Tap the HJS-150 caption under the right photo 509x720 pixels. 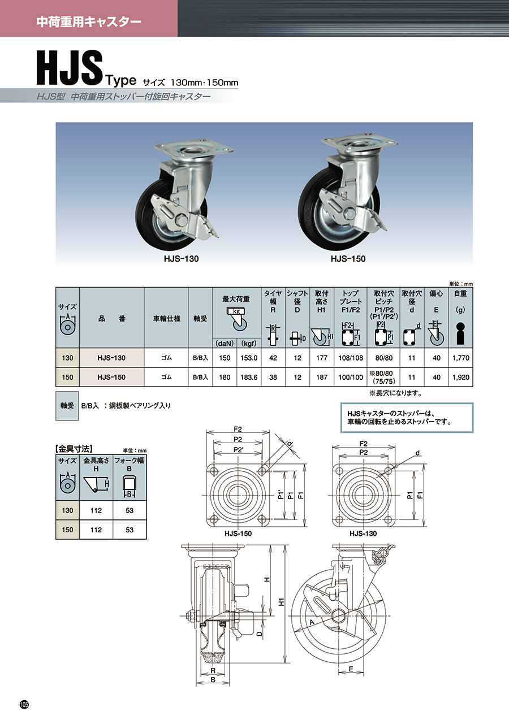tap(347, 258)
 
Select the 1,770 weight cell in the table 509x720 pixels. tap(460, 358)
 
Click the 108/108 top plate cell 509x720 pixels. tap(351, 358)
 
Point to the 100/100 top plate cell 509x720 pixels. tap(351, 377)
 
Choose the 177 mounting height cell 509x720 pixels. tap(322, 358)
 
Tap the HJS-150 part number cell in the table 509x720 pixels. tap(111, 377)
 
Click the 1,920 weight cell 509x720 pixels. tap(460, 377)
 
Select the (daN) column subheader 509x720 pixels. tap(225, 343)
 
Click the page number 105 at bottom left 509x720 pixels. tap(24, 704)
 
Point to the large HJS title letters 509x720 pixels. tap(69, 68)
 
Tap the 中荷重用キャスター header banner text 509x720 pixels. tap(88, 22)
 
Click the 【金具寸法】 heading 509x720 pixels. tap(74, 449)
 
